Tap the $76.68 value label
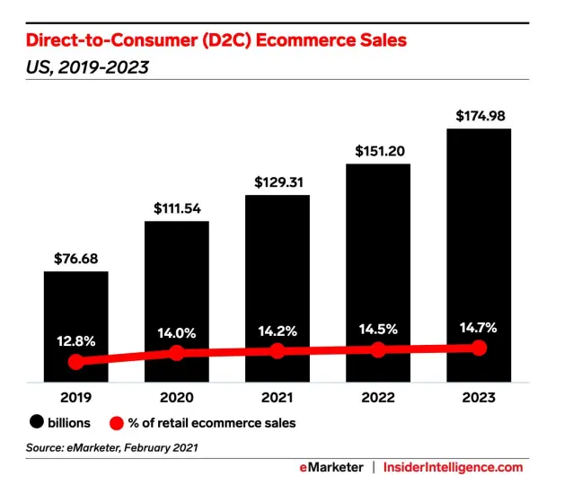tap(75, 258)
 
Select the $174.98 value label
tap(479, 115)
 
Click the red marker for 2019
tap(76, 362)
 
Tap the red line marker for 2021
tap(278, 351)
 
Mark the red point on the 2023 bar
tap(480, 348)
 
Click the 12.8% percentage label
tap(75, 340)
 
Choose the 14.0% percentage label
tap(176, 331)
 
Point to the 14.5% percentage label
tap(378, 328)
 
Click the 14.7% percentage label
tap(479, 326)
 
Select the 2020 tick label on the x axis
tap(176, 396)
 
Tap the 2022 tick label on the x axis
tap(378, 396)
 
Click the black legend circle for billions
tap(37, 421)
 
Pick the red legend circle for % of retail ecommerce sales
tap(116, 421)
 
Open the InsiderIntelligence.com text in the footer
tap(453, 467)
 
